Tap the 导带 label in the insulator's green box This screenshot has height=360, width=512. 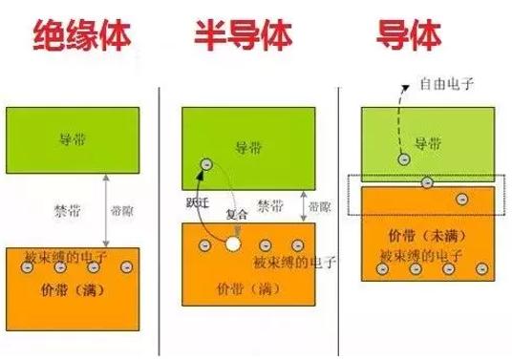(x=72, y=139)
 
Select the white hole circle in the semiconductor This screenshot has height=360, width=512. (x=231, y=245)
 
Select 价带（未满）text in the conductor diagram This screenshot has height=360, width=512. (x=419, y=234)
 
